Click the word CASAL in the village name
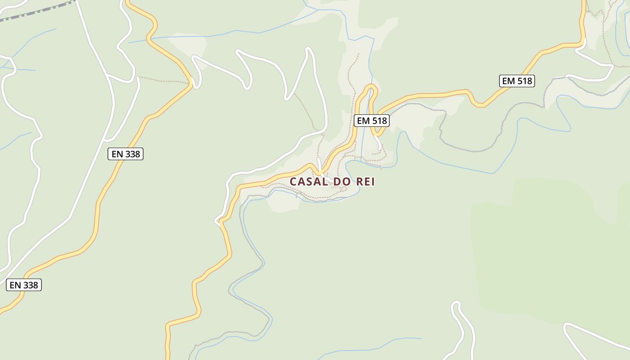coord(309,182)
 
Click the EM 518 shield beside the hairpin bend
coord(371,121)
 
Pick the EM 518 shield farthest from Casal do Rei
coord(517,81)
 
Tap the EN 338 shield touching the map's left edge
coord(24,285)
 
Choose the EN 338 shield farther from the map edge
coord(126,154)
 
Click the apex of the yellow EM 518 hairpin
coord(371,86)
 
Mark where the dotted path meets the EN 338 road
coord(191,83)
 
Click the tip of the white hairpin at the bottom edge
coord(456,304)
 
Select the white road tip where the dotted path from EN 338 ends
coord(138,78)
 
